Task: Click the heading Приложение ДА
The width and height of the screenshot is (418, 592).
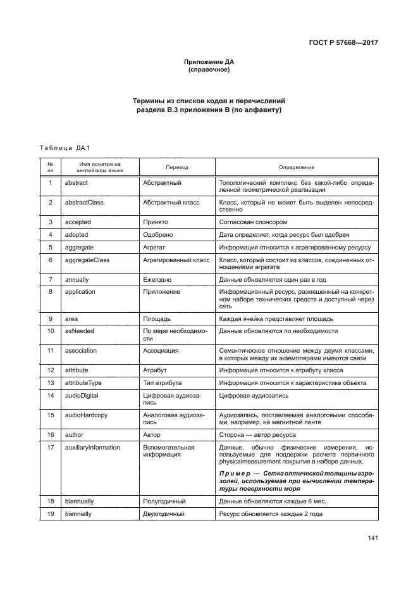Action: (209, 62)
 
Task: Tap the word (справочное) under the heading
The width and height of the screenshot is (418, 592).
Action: (209, 70)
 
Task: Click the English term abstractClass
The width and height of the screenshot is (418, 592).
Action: (83, 203)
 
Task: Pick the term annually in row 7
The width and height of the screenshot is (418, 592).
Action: (78, 279)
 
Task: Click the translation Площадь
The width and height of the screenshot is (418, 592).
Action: (158, 318)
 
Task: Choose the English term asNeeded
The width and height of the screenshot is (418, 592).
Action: (79, 331)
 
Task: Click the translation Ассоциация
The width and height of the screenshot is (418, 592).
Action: (161, 350)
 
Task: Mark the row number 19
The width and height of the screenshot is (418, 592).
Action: (50, 513)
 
